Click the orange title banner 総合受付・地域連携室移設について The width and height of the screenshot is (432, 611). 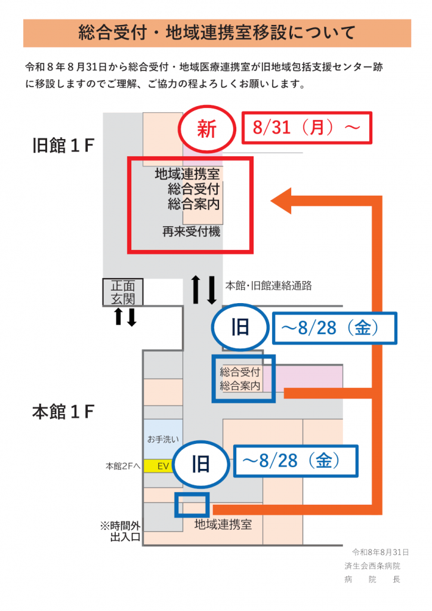point(217,33)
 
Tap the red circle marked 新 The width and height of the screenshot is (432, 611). point(207,129)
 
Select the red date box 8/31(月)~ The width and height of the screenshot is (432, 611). point(307,128)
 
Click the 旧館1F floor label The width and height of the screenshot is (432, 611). point(63,146)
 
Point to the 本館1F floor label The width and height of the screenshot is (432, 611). point(63,412)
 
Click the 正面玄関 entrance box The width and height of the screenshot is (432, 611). point(123,292)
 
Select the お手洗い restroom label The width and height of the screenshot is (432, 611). point(163,439)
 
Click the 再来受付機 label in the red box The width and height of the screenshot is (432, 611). point(192,232)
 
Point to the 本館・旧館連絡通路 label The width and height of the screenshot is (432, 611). point(269,286)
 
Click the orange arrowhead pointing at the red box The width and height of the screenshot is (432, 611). point(281,200)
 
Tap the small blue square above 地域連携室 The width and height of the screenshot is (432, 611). point(192,505)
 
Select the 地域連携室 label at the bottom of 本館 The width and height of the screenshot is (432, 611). point(223,524)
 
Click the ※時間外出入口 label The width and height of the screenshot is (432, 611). point(120,531)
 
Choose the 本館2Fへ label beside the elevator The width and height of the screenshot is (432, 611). point(122,466)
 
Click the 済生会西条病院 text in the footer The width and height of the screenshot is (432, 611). point(372,566)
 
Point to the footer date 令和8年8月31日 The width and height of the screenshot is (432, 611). point(380,552)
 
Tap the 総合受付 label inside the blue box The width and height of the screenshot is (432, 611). point(240,372)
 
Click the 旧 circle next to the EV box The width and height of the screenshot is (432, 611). point(200,464)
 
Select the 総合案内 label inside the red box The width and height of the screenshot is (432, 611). point(194,204)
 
